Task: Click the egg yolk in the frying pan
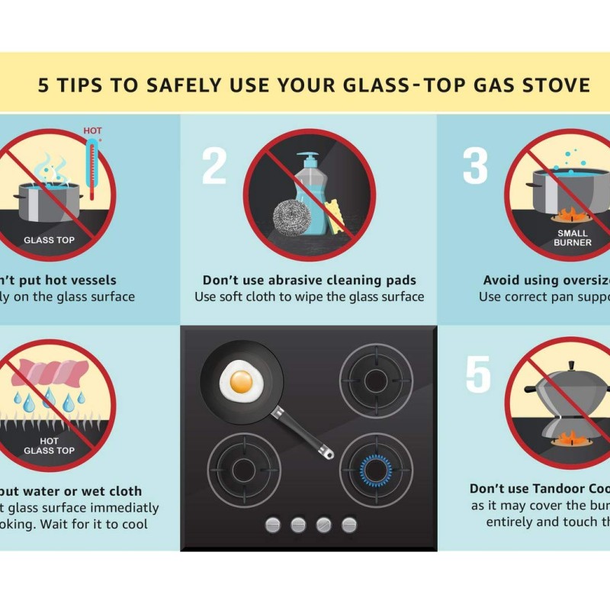tap(241, 381)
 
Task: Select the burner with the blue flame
tap(376, 469)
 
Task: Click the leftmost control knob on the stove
tap(272, 524)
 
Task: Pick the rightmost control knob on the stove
tap(349, 524)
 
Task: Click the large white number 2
tap(214, 167)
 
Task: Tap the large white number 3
tap(475, 167)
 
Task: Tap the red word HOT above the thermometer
tap(92, 131)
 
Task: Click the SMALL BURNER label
tap(573, 238)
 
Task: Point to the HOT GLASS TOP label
tap(49, 445)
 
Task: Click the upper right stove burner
tap(376, 380)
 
